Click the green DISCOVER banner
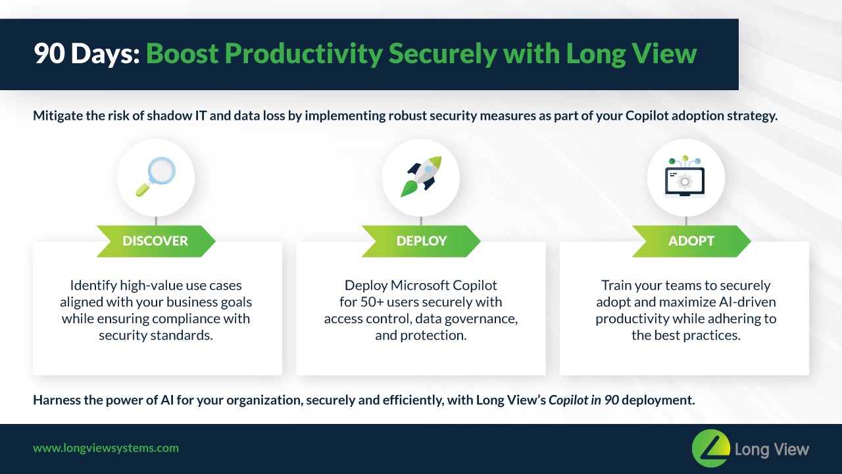click(x=155, y=241)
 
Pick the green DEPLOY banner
click(x=421, y=241)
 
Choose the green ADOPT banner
click(x=691, y=241)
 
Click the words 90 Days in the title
click(x=86, y=54)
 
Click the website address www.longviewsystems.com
click(x=106, y=448)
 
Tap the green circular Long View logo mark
click(x=711, y=448)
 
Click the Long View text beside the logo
click(x=772, y=450)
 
